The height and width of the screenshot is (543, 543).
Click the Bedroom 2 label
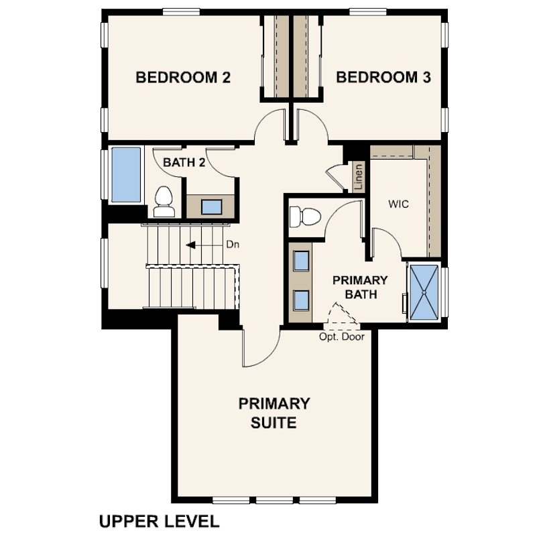(x=183, y=77)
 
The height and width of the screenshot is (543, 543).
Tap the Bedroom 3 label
(x=383, y=77)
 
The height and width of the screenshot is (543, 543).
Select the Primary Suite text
(x=274, y=413)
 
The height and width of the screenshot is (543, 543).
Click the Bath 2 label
(x=184, y=162)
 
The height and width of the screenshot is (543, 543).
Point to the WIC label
(x=398, y=204)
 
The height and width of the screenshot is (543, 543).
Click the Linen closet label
(x=359, y=176)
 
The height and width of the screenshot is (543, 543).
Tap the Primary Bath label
(x=360, y=287)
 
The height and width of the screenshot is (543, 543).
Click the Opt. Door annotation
(x=342, y=337)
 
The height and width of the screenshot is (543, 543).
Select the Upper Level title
(x=160, y=521)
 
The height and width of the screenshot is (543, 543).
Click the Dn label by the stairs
(x=233, y=245)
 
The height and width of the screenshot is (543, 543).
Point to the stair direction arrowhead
(x=190, y=245)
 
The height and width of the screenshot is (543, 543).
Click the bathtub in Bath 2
(x=126, y=175)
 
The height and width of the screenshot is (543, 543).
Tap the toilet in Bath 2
(x=164, y=202)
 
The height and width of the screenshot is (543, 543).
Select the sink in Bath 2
(x=212, y=206)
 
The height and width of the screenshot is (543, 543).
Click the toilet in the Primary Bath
(x=305, y=217)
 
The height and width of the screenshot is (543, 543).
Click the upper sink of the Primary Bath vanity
(x=301, y=260)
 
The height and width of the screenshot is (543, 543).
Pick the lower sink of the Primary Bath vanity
(x=301, y=300)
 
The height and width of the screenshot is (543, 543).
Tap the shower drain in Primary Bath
(x=424, y=293)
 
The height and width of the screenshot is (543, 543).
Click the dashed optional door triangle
(x=343, y=314)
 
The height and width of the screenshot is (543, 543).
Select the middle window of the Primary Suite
(x=275, y=500)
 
